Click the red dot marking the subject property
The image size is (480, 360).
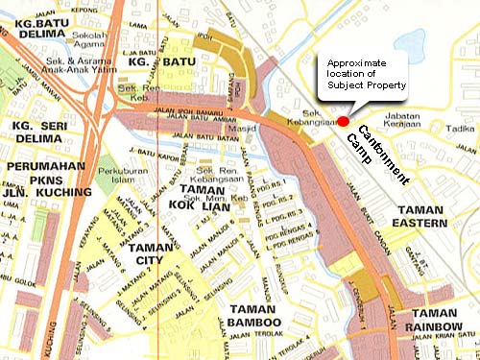click(343, 121)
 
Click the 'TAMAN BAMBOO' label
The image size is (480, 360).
click(255, 316)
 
